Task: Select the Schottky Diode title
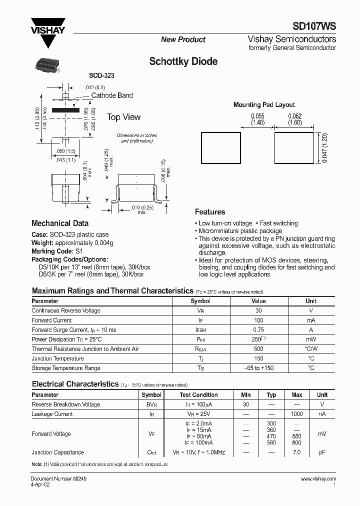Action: pos(183,61)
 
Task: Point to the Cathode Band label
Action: pos(112,95)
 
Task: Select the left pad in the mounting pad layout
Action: pos(220,147)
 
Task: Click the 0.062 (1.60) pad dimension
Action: pos(294,119)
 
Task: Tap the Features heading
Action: pos(209,212)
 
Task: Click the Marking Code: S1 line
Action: pos(56,251)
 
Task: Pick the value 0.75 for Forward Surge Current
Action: pos(258,329)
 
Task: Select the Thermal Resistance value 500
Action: pos(258,349)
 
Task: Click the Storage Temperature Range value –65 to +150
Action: pos(258,368)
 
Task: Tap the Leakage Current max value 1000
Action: pos(296,414)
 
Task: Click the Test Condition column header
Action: pos(198,395)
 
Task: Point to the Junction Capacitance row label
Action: pos(58,452)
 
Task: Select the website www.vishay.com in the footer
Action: pos(318,479)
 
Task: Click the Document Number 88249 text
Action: pos(51,479)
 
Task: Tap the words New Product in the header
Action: pos(183,39)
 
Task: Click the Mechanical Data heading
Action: pos(60,223)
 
